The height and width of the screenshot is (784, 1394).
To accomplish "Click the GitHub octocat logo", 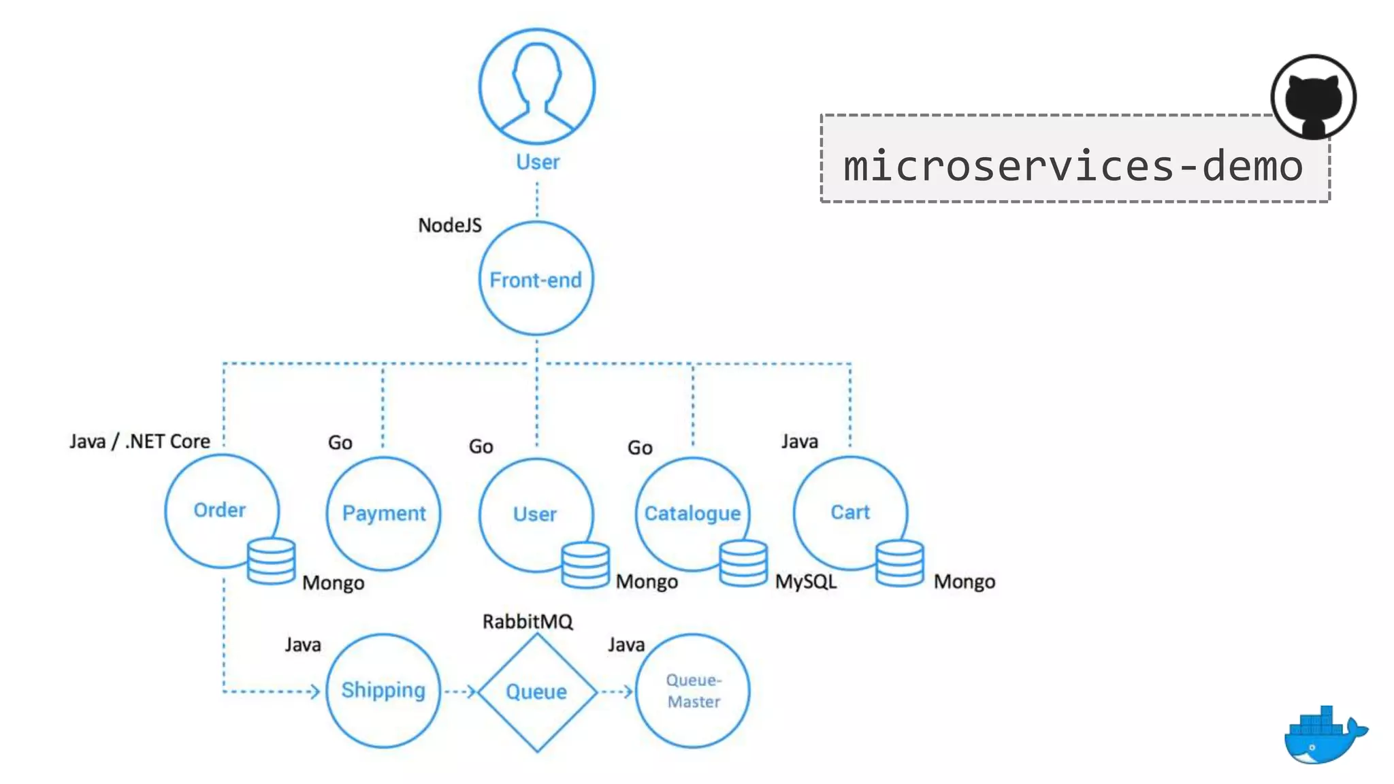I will tap(1313, 97).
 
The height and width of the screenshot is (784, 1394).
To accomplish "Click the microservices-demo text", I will tap(1073, 165).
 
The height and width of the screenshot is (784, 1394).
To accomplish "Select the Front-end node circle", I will tap(536, 279).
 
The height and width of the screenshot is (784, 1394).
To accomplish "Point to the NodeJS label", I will tap(449, 225).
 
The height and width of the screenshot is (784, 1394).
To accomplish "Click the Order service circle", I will tap(219, 509).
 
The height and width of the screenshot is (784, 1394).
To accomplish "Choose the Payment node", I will tap(383, 513).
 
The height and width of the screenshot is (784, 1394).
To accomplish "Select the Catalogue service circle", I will tap(692, 512).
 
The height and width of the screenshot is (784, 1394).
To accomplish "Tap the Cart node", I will tap(849, 512).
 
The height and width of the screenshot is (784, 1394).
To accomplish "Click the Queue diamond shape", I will tap(536, 692).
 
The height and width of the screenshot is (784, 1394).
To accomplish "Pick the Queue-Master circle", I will tap(693, 691).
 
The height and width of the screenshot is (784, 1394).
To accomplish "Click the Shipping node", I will tap(383, 690).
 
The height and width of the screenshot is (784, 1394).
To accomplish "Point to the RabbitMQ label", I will tap(528, 621).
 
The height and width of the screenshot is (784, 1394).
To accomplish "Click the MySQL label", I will tap(806, 582).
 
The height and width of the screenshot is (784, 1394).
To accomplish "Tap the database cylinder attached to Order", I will tap(271, 561).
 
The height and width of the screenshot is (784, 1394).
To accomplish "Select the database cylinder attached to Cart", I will tap(899, 563).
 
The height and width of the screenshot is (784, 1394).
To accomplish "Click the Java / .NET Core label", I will tap(140, 442).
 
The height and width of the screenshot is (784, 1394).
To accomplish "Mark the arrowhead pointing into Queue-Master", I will tap(628, 692).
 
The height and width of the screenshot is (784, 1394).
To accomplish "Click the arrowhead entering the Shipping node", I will tap(315, 692).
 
